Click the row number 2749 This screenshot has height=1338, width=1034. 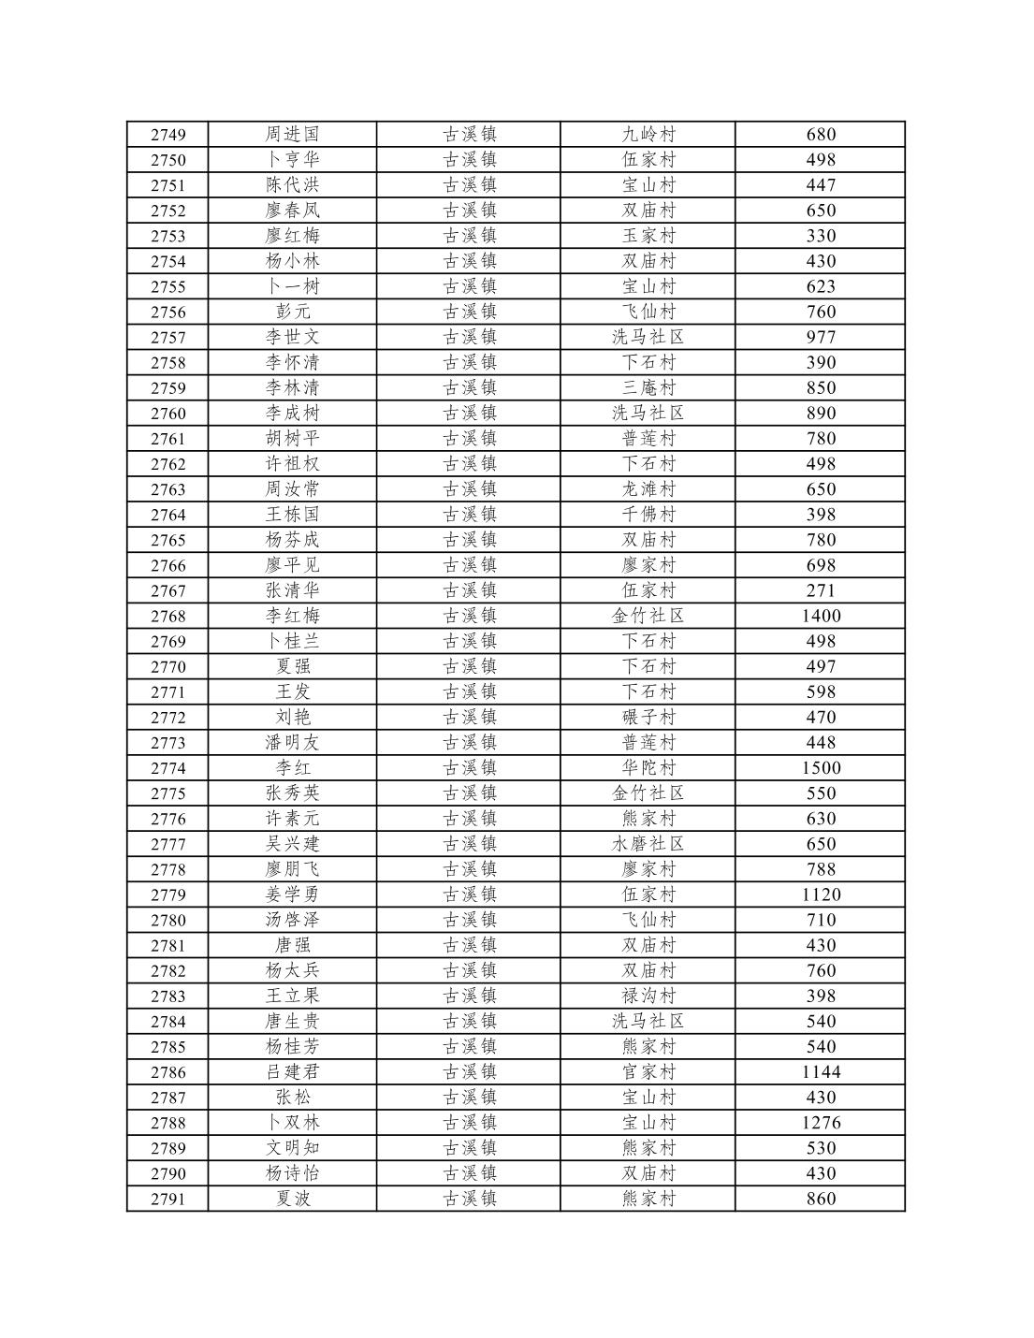click(x=167, y=135)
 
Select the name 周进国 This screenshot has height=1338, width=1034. click(x=292, y=135)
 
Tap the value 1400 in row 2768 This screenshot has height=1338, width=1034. click(x=821, y=616)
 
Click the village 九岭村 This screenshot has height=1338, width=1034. click(x=648, y=135)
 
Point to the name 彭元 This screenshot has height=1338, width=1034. click(x=292, y=312)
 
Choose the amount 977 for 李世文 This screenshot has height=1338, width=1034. click(x=821, y=337)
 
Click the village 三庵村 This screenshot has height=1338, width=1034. click(x=648, y=387)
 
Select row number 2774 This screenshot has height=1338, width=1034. click(x=167, y=768)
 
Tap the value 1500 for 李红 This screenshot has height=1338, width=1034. click(x=821, y=768)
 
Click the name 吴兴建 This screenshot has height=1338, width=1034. click(x=292, y=844)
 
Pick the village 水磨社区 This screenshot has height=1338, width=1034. click(x=648, y=844)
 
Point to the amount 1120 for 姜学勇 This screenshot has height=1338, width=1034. click(x=821, y=894)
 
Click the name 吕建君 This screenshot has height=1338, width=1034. click(x=292, y=1072)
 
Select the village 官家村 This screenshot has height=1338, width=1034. click(x=648, y=1072)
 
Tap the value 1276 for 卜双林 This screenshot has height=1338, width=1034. click(x=821, y=1123)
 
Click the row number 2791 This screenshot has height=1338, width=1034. click(x=167, y=1199)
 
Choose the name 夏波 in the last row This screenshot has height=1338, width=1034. click(x=292, y=1199)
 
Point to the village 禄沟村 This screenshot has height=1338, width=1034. click(x=648, y=996)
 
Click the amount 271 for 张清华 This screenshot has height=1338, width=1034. click(x=821, y=590)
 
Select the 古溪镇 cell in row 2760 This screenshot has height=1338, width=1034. click(x=469, y=413)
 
